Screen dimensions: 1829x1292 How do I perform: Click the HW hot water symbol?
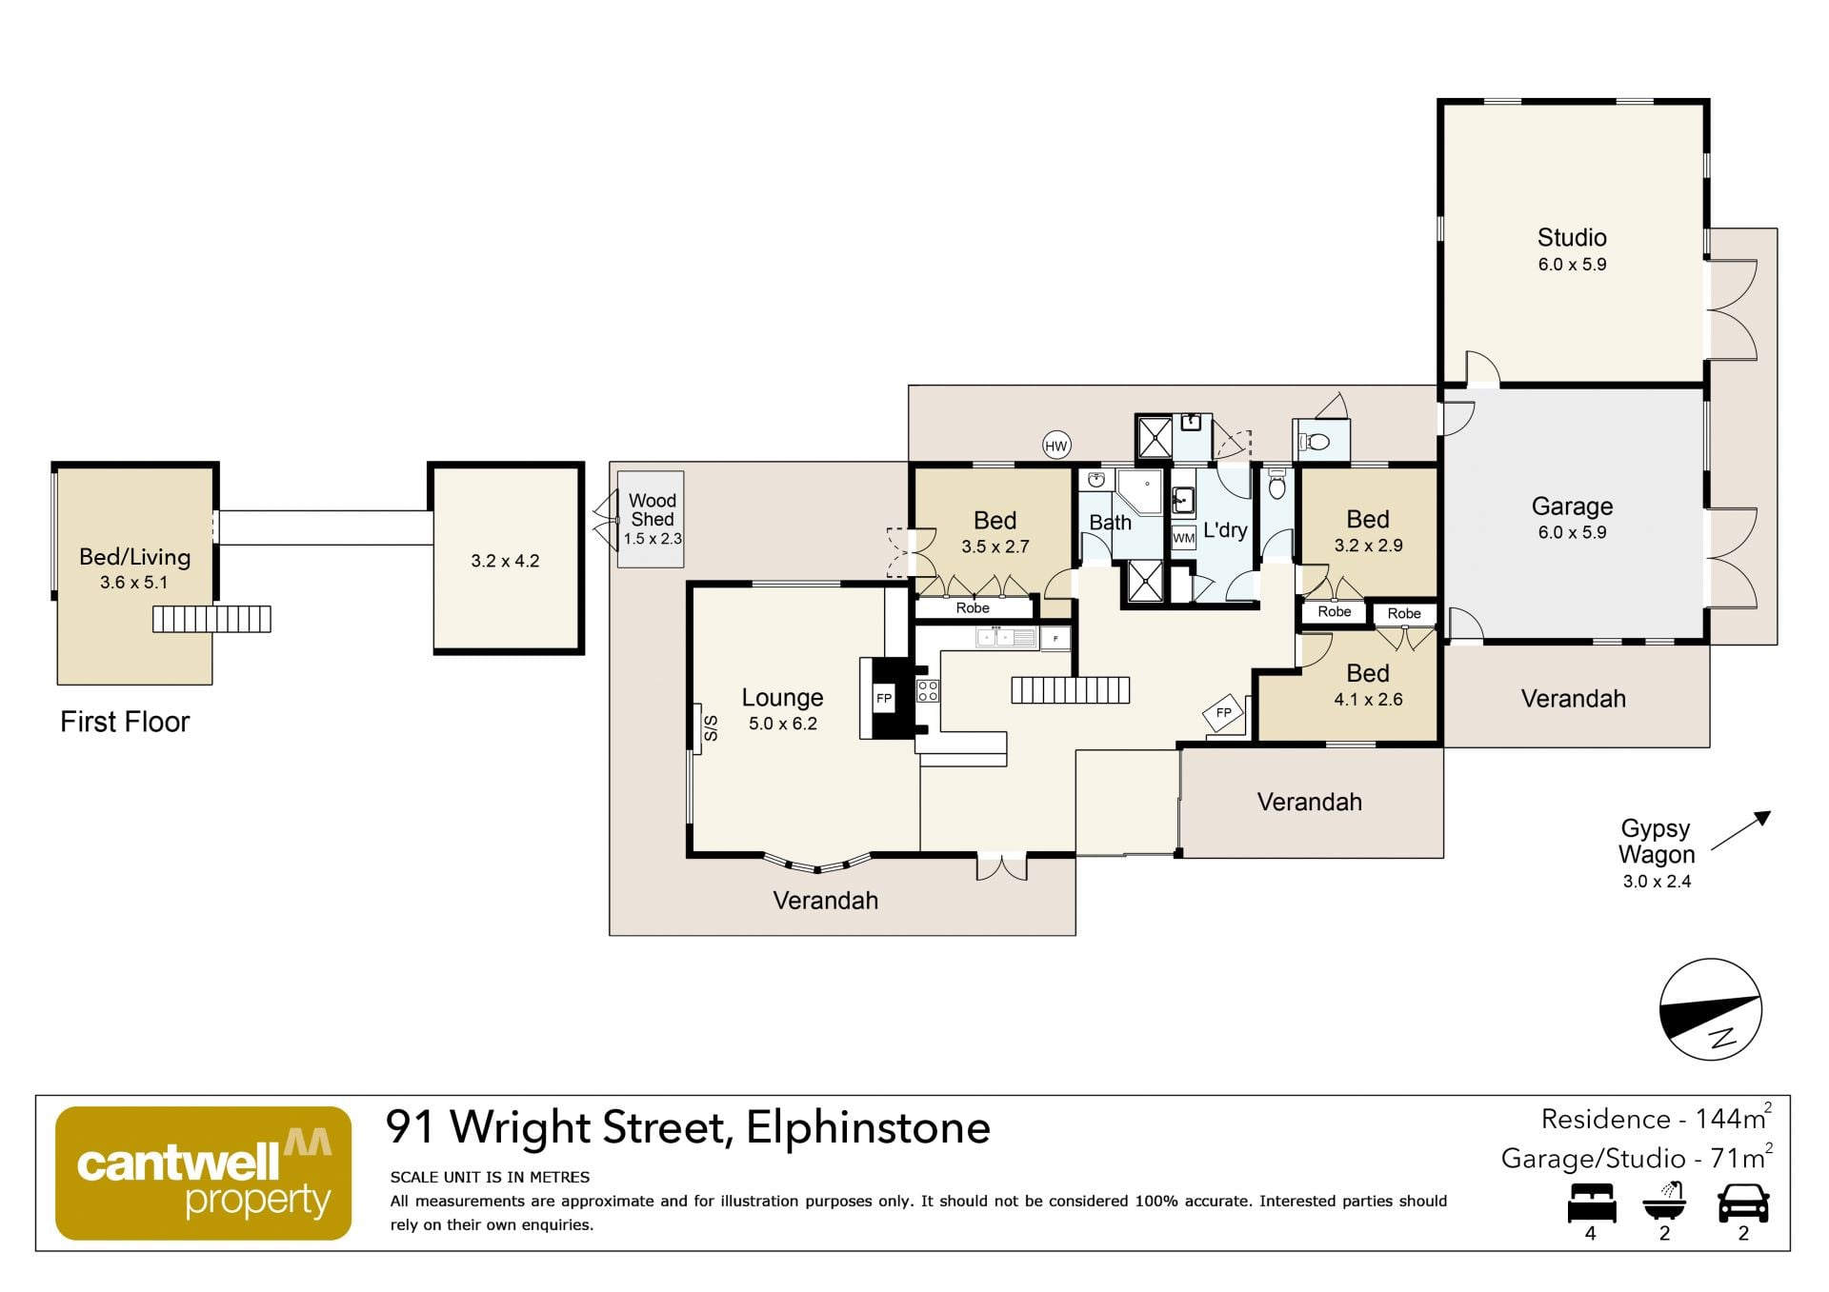pyautogui.click(x=1056, y=445)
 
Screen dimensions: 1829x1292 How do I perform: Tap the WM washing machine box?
pyautogui.click(x=1183, y=538)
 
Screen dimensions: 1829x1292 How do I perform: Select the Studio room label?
pyautogui.click(x=1572, y=237)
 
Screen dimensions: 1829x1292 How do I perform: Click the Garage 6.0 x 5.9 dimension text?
pyautogui.click(x=1572, y=533)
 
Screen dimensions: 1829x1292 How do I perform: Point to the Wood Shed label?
pyautogui.click(x=653, y=509)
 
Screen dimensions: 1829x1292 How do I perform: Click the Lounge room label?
pyautogui.click(x=782, y=698)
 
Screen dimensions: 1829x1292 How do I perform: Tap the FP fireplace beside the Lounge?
pyautogui.click(x=884, y=698)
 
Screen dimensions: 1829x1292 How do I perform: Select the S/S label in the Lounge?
pyautogui.click(x=711, y=728)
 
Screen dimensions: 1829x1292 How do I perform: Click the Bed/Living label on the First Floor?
pyautogui.click(x=134, y=557)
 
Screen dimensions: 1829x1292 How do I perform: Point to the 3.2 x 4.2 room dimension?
pyautogui.click(x=505, y=561)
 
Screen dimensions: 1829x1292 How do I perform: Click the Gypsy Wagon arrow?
pyautogui.click(x=1740, y=830)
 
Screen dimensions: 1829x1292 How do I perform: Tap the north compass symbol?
pyautogui.click(x=1711, y=1009)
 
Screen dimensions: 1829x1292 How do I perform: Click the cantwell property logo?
pyautogui.click(x=203, y=1173)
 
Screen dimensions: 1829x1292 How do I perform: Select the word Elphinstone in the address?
pyautogui.click(x=868, y=1127)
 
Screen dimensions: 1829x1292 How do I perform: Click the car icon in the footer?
pyautogui.click(x=1743, y=1203)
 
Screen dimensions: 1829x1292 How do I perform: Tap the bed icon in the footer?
pyautogui.click(x=1592, y=1203)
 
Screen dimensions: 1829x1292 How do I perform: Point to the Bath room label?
pyautogui.click(x=1110, y=523)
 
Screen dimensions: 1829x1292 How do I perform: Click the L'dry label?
pyautogui.click(x=1225, y=530)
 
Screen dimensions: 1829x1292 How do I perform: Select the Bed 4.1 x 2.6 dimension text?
pyautogui.click(x=1368, y=700)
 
